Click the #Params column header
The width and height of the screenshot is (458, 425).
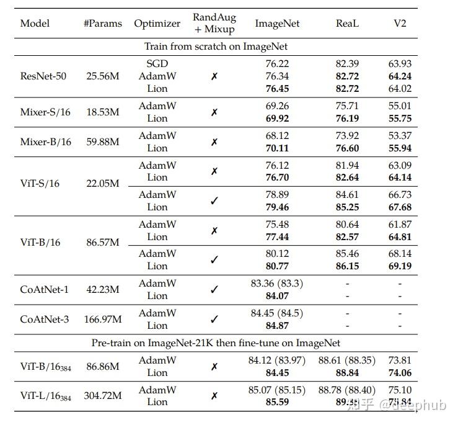tap(102, 24)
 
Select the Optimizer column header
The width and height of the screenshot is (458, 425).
tap(157, 24)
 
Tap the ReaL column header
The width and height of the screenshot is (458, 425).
tap(347, 24)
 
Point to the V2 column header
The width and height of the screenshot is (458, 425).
tap(400, 24)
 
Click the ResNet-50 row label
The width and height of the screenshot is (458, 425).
tap(43, 76)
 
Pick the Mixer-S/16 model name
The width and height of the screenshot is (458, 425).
tap(45, 112)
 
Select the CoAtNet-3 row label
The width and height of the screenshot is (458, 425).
tap(45, 320)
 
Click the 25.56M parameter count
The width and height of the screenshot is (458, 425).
tap(103, 76)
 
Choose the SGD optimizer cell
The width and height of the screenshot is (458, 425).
tap(157, 63)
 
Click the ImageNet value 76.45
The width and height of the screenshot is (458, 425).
tap(277, 89)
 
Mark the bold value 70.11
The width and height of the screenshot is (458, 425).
tap(277, 148)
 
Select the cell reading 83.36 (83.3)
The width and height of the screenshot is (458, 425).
tap(277, 284)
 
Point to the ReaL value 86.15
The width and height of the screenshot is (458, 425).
tap(347, 266)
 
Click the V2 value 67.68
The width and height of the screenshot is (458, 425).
tap(400, 207)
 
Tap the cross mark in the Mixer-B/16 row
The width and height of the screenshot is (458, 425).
tap(214, 142)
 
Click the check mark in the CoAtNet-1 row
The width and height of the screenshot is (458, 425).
tap(214, 290)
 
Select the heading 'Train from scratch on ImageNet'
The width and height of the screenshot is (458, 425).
tap(216, 47)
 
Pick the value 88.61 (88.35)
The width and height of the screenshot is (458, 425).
tap(347, 360)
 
